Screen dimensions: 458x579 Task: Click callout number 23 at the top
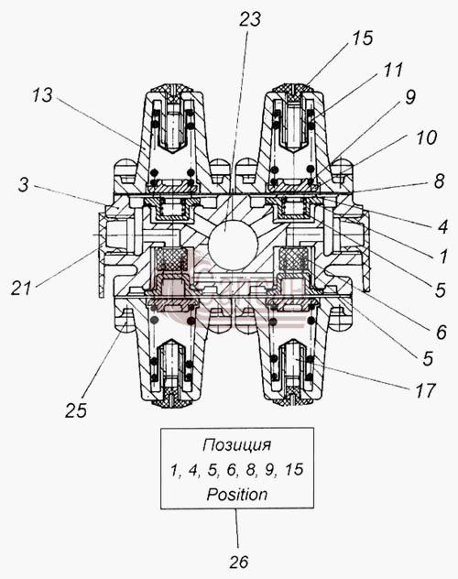(x=250, y=19)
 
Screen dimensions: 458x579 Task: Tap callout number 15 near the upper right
(x=362, y=38)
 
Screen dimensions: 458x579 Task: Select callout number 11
(x=393, y=70)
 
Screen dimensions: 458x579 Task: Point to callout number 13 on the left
(x=42, y=95)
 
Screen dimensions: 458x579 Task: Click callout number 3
(x=23, y=184)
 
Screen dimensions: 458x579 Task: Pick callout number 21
(x=21, y=288)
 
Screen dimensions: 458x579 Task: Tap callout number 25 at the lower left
(x=76, y=410)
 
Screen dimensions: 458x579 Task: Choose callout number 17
(x=426, y=390)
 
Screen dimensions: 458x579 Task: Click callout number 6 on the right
(x=442, y=333)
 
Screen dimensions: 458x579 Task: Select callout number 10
(x=427, y=137)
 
